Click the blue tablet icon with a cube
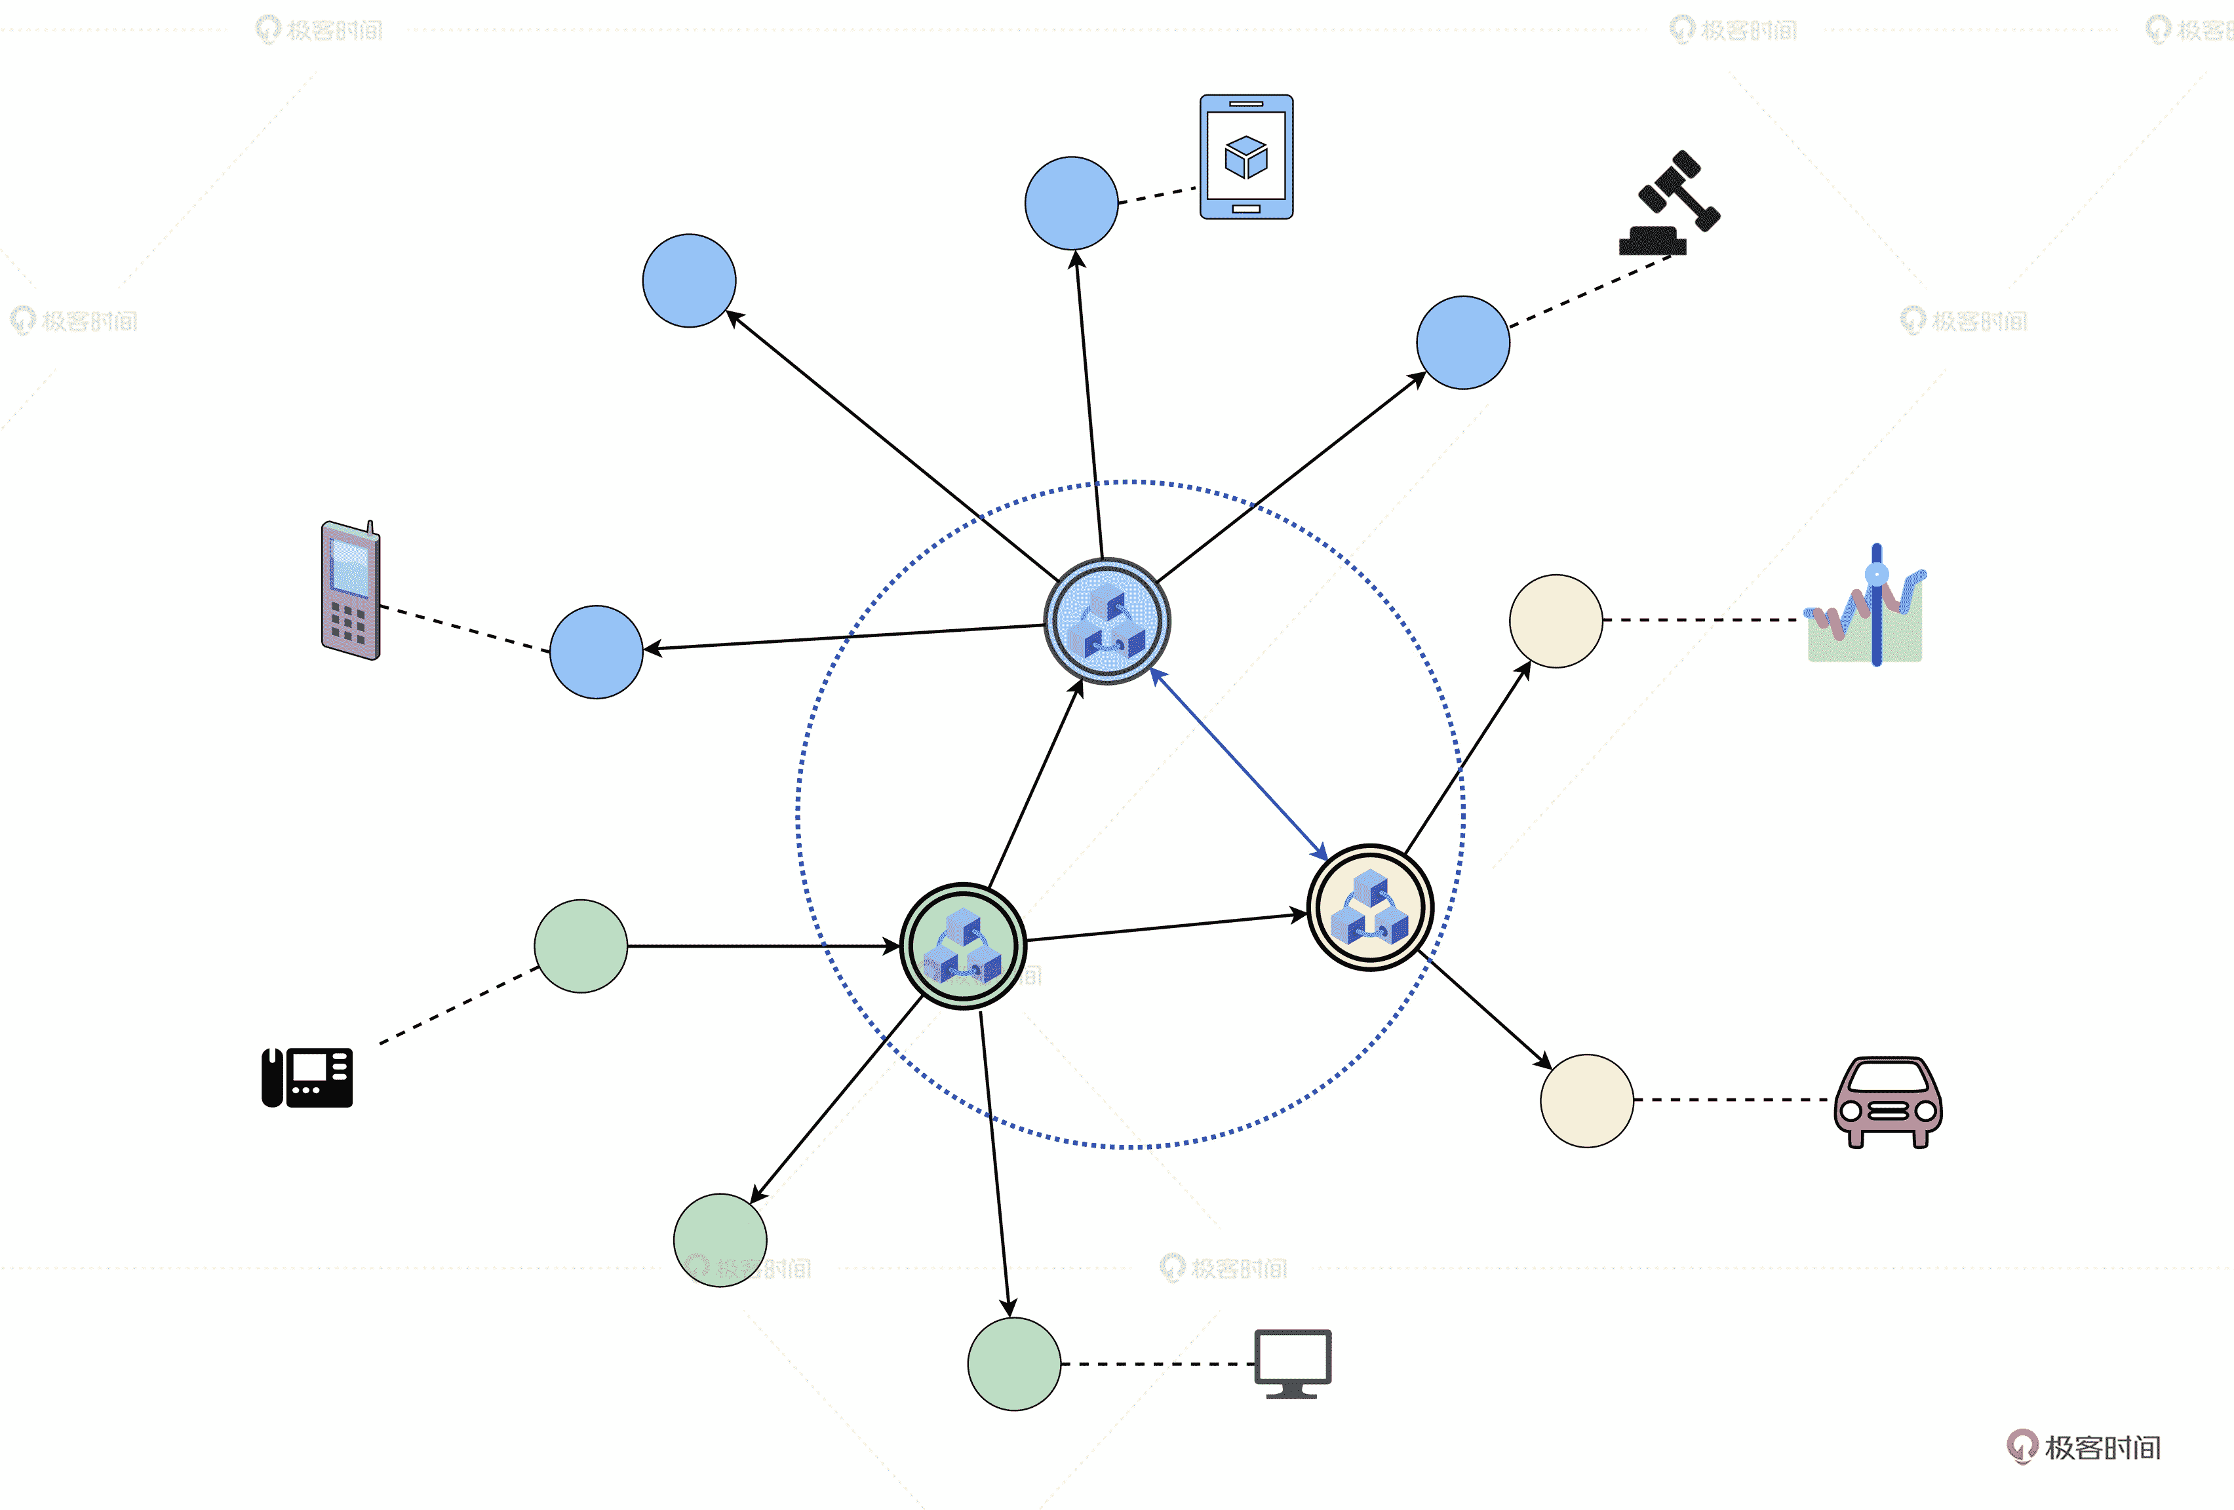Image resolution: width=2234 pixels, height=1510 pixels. (1246, 157)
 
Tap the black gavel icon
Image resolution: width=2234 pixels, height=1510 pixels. (1669, 204)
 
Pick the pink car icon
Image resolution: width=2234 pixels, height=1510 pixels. (1888, 1102)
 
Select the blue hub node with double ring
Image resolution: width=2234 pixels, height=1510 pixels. (1107, 621)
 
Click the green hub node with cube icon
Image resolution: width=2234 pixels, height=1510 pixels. (962, 946)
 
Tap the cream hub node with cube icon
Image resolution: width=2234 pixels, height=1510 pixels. (1370, 907)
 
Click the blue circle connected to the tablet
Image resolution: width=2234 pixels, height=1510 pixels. (1071, 203)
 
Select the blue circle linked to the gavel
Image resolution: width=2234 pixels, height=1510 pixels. (1462, 342)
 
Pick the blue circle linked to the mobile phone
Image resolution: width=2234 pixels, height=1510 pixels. (596, 651)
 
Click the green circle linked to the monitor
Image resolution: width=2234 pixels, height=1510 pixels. (1013, 1363)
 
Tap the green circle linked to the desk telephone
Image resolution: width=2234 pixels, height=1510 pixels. (581, 946)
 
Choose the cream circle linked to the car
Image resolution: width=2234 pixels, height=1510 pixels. (1586, 1100)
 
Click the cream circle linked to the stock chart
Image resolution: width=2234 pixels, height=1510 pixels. (1556, 621)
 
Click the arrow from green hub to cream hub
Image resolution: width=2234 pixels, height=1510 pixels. (1166, 927)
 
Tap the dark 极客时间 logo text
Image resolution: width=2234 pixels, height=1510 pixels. (2102, 1448)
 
